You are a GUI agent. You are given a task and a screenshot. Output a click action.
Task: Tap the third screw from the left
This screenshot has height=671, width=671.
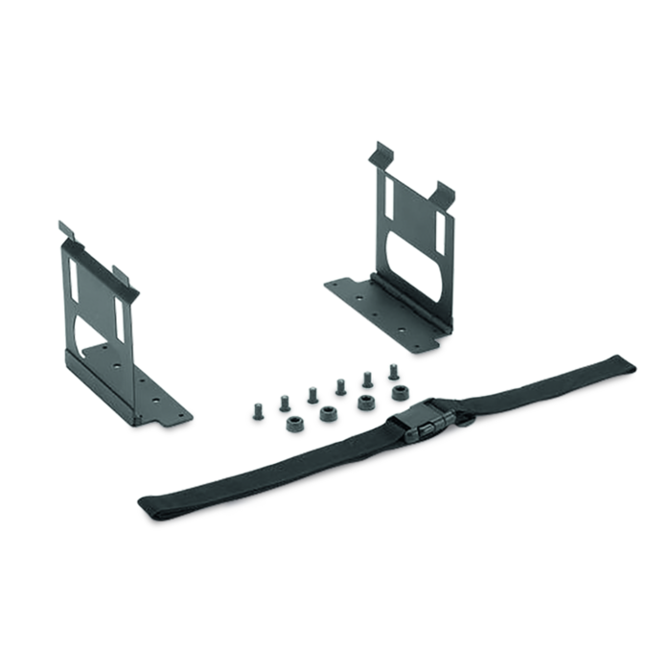click(312, 392)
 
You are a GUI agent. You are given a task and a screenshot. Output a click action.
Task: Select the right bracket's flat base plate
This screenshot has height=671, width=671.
click(383, 307)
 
